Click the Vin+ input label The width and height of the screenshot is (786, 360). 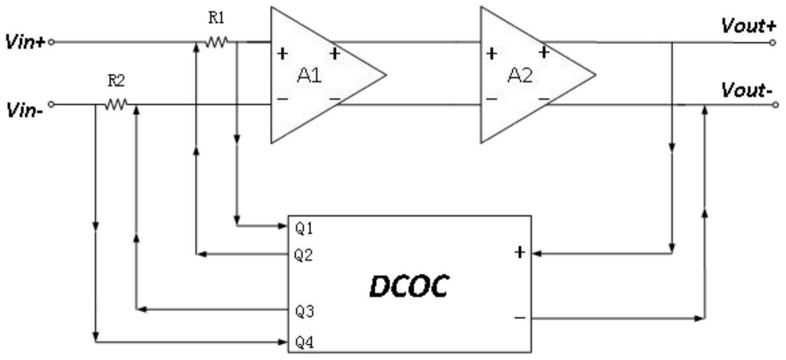click(25, 42)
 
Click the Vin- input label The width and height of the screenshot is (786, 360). click(24, 111)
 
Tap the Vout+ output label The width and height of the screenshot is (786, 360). click(748, 26)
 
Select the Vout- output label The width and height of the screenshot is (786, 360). click(747, 91)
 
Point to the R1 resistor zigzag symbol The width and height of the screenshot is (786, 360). click(217, 42)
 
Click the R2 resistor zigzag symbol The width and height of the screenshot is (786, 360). click(116, 104)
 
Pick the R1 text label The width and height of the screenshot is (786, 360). click(216, 18)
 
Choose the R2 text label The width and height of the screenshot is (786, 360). click(116, 81)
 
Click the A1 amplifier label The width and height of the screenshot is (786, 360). click(309, 75)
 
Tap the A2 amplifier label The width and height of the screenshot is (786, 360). click(519, 75)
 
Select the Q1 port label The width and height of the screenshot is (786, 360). click(304, 229)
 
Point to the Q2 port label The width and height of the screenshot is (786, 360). click(304, 255)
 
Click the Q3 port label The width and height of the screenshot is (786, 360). click(305, 311)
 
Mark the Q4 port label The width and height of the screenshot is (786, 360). click(305, 342)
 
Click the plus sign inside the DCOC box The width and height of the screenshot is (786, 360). click(519, 252)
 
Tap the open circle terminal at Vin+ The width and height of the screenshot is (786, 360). click(51, 42)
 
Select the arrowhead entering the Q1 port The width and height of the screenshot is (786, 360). click(283, 226)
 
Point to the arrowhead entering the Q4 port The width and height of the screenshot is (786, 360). click(283, 342)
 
